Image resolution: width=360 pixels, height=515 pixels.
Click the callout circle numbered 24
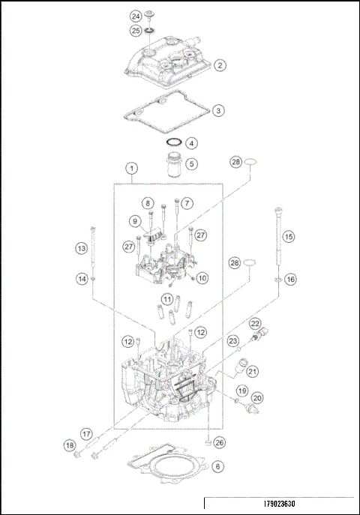[135, 16]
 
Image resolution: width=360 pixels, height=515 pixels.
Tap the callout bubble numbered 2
[219, 65]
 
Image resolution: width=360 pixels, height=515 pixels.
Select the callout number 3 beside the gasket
[217, 110]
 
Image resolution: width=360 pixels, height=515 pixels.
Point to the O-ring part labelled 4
[173, 142]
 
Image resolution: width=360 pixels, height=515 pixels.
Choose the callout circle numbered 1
[132, 169]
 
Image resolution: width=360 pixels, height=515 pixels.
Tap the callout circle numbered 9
[136, 221]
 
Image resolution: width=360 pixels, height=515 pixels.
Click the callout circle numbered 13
[81, 248]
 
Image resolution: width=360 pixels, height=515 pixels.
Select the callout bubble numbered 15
[289, 235]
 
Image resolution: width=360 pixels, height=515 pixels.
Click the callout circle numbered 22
[255, 324]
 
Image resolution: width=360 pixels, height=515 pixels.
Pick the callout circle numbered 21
[253, 370]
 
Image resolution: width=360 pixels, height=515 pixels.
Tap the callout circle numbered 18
[70, 447]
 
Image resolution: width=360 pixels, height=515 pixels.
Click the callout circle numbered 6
[217, 466]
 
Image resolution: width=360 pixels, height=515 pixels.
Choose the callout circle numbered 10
[202, 278]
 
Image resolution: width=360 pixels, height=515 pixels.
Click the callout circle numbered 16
[290, 279]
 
